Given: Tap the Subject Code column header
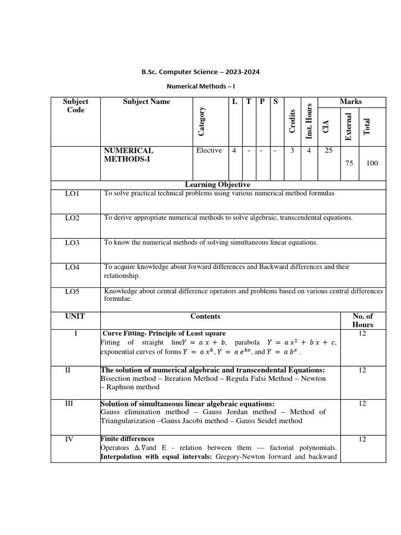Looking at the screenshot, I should [76, 106].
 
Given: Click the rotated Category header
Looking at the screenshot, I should [201, 121].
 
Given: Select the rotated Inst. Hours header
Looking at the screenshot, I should [309, 121].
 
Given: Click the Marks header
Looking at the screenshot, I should [351, 102].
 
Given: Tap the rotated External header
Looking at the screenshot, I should [348, 126].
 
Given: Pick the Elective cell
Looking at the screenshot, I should [209, 150].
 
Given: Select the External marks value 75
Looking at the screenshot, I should [349, 164].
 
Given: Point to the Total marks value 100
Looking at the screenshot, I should [372, 164].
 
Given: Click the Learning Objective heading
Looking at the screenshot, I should [218, 184].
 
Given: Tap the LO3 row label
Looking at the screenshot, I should [72, 243].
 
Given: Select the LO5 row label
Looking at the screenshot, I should [72, 292].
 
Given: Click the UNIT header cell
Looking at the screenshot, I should [75, 317].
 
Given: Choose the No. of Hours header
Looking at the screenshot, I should [363, 320].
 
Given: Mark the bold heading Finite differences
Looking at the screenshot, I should [127, 439].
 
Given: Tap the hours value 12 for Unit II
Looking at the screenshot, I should [363, 370].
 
